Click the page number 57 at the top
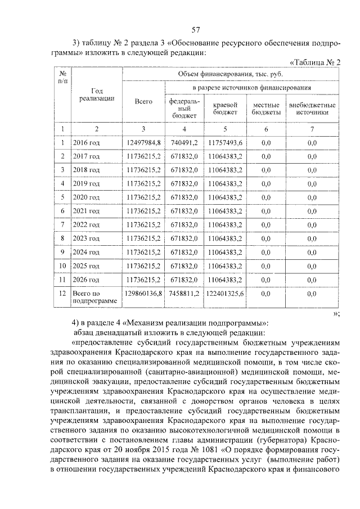[196, 30]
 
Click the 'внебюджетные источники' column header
[312, 109]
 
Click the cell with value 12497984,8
[144, 143]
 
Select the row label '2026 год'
[87, 279]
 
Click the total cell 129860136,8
[144, 294]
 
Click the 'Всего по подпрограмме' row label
[94, 298]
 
